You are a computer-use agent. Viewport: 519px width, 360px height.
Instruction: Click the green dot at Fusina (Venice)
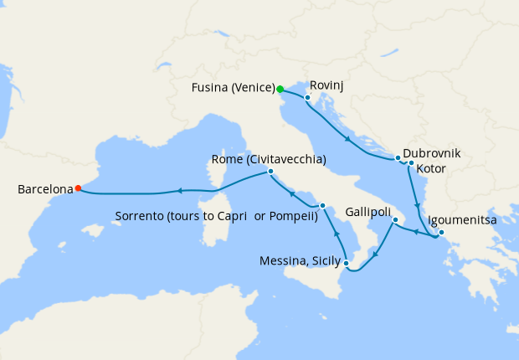click(x=280, y=89)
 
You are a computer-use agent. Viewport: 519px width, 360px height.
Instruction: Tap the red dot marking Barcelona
click(x=78, y=188)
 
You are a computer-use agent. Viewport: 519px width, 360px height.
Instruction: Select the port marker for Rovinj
click(x=308, y=98)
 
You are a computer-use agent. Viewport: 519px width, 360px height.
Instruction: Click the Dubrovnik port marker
click(x=398, y=157)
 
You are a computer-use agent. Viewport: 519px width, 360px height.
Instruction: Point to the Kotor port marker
click(x=411, y=163)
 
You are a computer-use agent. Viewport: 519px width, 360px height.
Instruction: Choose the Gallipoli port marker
click(x=395, y=219)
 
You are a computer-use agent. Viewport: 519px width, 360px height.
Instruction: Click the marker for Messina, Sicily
click(x=346, y=263)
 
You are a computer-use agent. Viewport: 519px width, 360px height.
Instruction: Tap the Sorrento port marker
click(x=322, y=205)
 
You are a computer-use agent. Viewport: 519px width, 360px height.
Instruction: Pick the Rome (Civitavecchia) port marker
click(x=270, y=172)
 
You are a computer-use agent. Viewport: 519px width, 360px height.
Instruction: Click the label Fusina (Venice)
click(x=232, y=87)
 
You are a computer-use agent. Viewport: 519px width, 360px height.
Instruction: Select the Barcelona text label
click(x=44, y=190)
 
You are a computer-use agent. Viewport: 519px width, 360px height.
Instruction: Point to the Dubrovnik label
click(x=432, y=154)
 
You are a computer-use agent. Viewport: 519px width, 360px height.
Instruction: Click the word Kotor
click(x=430, y=169)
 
